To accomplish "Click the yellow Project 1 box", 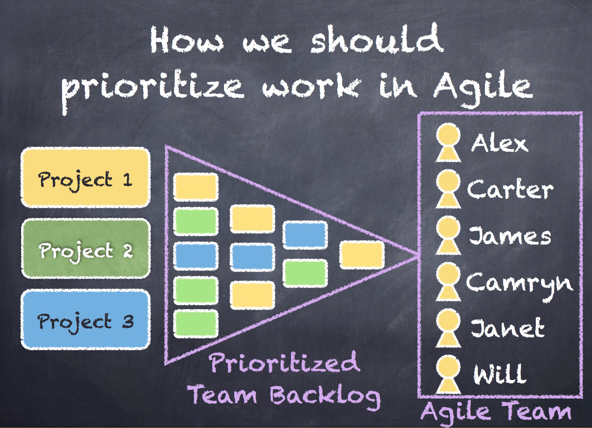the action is pyautogui.click(x=86, y=177).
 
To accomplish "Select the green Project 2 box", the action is pyautogui.click(x=86, y=248).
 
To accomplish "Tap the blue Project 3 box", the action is pyautogui.click(x=86, y=319).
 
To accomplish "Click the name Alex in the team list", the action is pyautogui.click(x=499, y=143).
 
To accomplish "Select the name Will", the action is pyautogui.click(x=499, y=374).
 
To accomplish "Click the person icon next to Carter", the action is pyautogui.click(x=448, y=189).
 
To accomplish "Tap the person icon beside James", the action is pyautogui.click(x=448, y=235).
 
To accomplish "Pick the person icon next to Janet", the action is pyautogui.click(x=448, y=328).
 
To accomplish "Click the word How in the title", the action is pyautogui.click(x=187, y=40).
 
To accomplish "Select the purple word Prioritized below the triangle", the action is pyautogui.click(x=285, y=362).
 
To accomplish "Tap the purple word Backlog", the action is pyautogui.click(x=326, y=396).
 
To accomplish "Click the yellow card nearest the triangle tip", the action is pyautogui.click(x=362, y=255).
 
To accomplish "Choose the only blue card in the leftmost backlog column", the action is pyautogui.click(x=196, y=256).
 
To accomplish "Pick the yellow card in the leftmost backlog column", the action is pyautogui.click(x=196, y=187).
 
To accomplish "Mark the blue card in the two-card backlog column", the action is pyautogui.click(x=305, y=235).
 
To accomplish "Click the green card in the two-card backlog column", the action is pyautogui.click(x=305, y=273).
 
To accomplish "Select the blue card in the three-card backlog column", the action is pyautogui.click(x=252, y=257).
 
